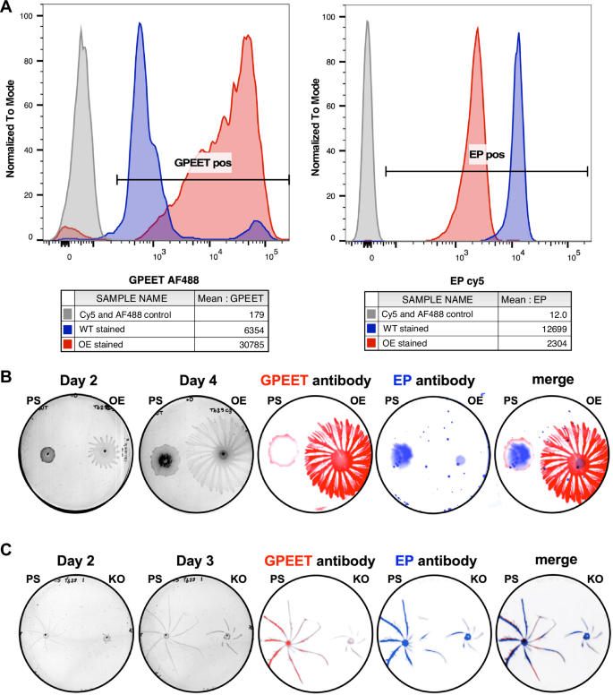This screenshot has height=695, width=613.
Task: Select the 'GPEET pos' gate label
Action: click(202, 164)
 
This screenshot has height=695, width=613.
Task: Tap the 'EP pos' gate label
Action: click(486, 154)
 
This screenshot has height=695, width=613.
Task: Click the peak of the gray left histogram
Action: click(81, 27)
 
